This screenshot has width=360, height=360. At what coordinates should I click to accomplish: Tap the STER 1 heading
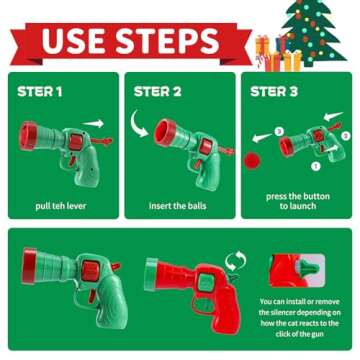click(40, 92)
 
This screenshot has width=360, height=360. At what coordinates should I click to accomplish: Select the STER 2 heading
click(158, 92)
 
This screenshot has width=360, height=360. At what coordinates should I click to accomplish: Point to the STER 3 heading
click(274, 92)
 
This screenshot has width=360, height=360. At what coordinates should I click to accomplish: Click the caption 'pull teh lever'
click(61, 206)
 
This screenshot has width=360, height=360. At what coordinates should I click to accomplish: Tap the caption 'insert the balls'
click(177, 206)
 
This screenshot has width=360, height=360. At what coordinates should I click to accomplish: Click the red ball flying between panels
click(252, 161)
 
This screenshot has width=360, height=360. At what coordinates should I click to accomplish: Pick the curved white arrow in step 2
click(137, 125)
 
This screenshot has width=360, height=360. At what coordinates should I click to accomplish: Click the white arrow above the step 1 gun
click(93, 124)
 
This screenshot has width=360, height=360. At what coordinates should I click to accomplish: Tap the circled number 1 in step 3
click(316, 165)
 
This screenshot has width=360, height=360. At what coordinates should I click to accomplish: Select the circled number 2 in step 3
click(346, 136)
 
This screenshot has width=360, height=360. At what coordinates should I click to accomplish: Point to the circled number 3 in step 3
click(279, 131)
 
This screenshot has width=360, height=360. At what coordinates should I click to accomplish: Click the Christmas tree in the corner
click(312, 33)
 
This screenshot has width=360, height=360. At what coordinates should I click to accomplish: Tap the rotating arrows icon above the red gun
click(235, 262)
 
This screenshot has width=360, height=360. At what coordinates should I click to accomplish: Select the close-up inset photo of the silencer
click(297, 270)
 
